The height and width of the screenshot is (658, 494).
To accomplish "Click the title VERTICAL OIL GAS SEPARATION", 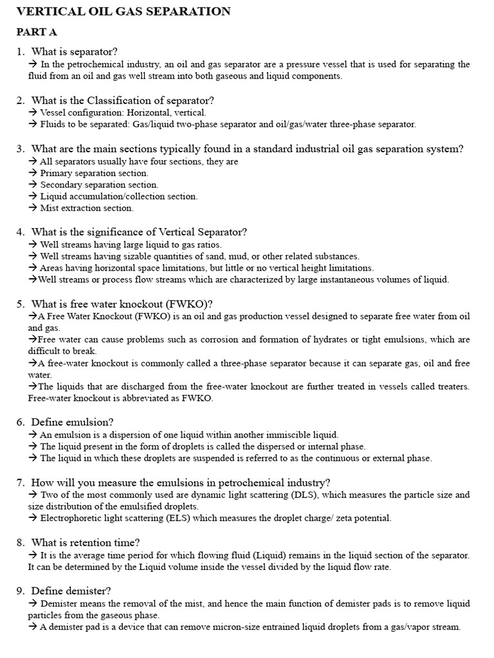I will click(123, 11).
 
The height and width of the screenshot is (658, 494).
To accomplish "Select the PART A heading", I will click(37, 31).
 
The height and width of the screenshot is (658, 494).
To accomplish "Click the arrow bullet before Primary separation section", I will click(33, 173).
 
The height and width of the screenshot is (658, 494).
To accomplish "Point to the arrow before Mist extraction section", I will click(33, 208).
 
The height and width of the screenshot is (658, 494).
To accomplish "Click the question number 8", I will click(21, 542).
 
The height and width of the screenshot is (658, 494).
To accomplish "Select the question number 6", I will click(21, 422).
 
